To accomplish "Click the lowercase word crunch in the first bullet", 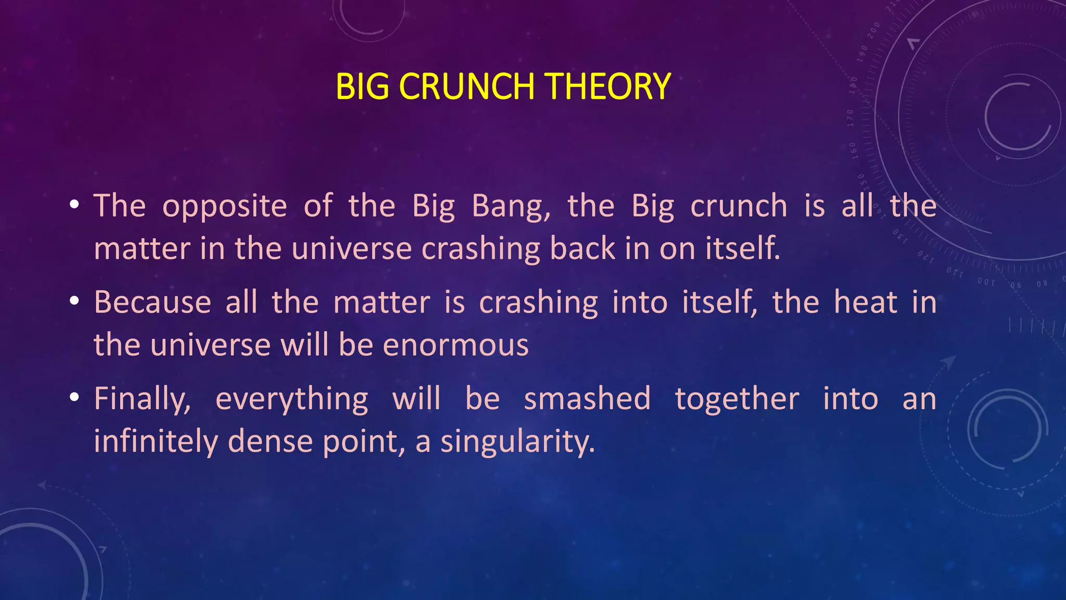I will (739, 206).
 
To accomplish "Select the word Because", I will (153, 302).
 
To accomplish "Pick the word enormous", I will (456, 346).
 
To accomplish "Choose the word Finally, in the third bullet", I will (142, 400).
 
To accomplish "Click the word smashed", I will (587, 399).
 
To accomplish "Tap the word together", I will (737, 400).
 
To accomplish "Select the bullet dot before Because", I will (74, 301).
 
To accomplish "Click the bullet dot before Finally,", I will (74, 398).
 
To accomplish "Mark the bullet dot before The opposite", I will (74, 205).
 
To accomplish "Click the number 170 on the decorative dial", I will (851, 118).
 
